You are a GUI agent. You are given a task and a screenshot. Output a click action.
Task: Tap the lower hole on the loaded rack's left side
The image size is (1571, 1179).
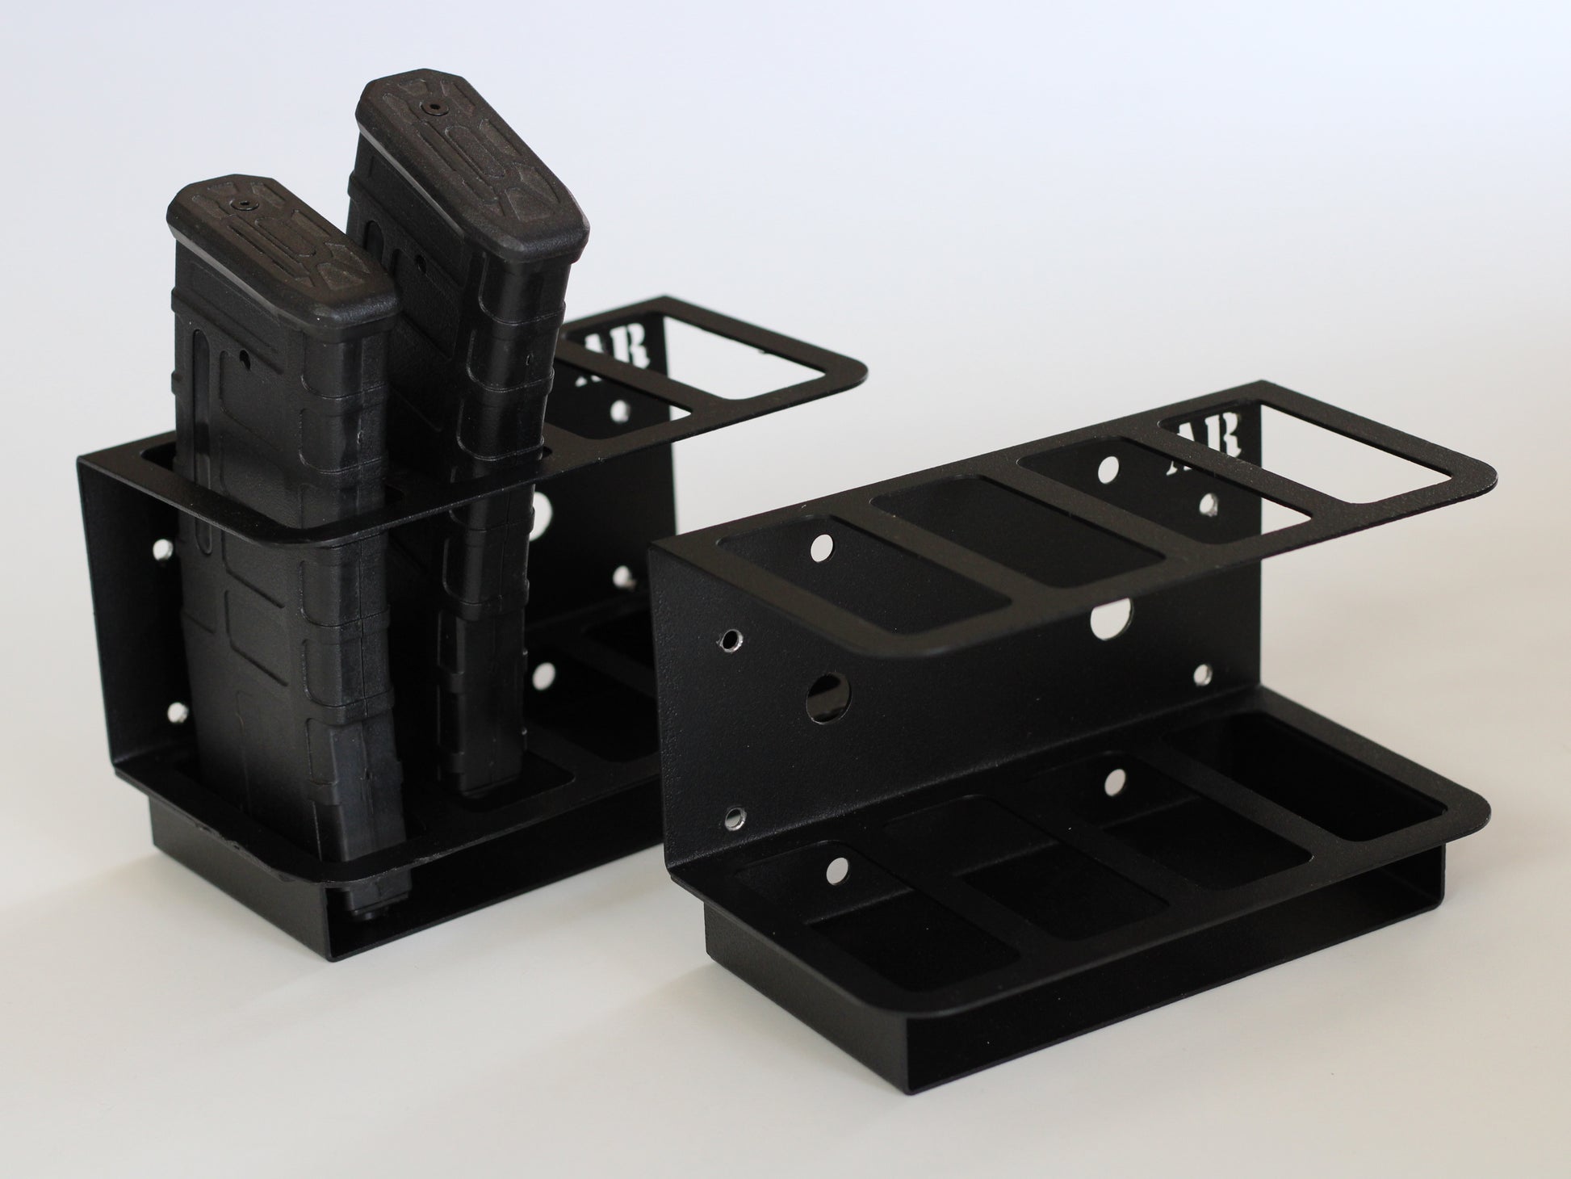(174, 712)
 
